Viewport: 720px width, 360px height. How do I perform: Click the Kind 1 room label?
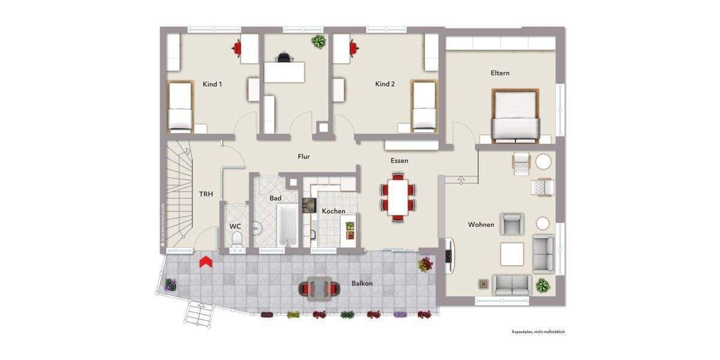(x=212, y=85)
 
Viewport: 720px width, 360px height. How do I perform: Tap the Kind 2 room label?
(x=385, y=85)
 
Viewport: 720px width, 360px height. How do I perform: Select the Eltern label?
(x=500, y=73)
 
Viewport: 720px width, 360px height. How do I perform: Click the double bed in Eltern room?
(x=515, y=116)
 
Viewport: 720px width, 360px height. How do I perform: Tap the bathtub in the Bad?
(x=288, y=225)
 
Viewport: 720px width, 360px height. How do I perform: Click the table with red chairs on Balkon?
(x=317, y=289)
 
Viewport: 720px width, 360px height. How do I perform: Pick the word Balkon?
(x=362, y=283)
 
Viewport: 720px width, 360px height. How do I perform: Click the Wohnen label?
(x=481, y=225)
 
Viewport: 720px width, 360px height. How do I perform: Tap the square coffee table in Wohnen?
(x=512, y=254)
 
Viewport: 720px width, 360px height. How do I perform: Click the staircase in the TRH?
(x=178, y=192)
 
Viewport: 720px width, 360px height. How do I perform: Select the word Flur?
(x=304, y=157)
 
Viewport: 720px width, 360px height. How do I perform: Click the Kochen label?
(x=333, y=211)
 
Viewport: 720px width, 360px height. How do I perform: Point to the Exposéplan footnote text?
(x=538, y=331)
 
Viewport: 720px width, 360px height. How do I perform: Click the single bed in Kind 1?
(x=179, y=107)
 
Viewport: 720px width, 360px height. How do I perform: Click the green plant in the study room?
(x=318, y=41)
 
